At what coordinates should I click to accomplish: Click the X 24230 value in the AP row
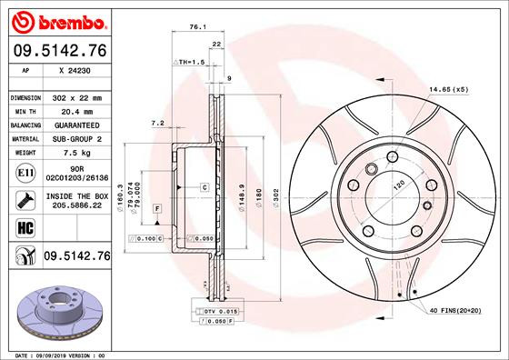tap(75, 69)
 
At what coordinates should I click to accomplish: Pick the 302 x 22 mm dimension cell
tap(77, 96)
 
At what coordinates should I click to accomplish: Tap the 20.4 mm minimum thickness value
tap(77, 111)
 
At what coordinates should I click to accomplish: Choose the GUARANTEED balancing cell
tap(77, 125)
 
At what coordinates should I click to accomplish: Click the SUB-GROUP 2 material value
tap(77, 138)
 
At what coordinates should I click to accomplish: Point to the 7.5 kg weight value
tap(77, 153)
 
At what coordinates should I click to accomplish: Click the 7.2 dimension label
tap(156, 124)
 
